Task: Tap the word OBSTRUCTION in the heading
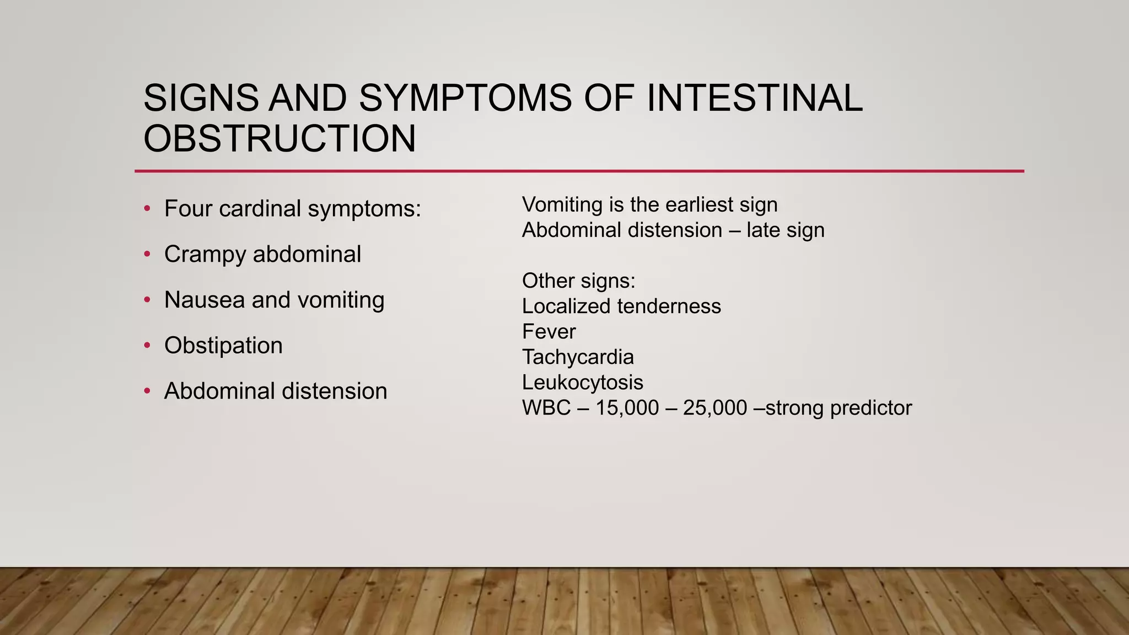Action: click(279, 138)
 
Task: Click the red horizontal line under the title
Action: click(579, 171)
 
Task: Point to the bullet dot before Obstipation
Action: click(147, 346)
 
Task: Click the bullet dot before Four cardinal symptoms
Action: click(147, 209)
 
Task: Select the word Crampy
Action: click(205, 255)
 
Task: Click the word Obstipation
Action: click(223, 346)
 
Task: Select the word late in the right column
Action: click(763, 230)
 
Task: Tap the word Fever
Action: click(549, 331)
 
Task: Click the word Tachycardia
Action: click(578, 357)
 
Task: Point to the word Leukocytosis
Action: click(582, 382)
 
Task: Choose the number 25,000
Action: click(714, 408)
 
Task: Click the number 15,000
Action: click(627, 408)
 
